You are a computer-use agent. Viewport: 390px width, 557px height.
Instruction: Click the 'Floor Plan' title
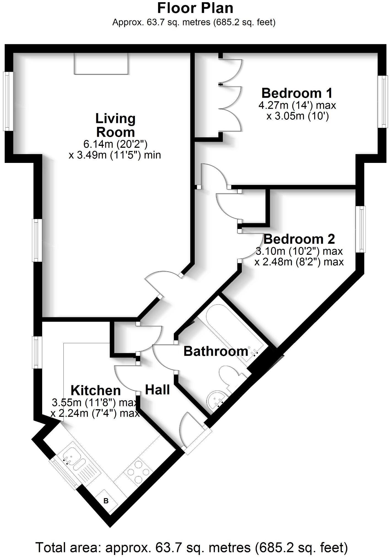point(195,8)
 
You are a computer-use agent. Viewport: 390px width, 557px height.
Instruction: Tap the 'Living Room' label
point(115,125)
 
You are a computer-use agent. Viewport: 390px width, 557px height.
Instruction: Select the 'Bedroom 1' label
point(297,93)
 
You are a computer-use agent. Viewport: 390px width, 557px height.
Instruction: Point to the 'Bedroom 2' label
point(299,239)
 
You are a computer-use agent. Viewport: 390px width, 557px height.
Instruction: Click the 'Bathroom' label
point(216,351)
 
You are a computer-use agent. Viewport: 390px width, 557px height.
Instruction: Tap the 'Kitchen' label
point(96,390)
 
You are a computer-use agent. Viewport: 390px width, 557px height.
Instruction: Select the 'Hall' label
point(157,390)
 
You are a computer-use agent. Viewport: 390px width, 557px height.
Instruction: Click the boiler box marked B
point(106,501)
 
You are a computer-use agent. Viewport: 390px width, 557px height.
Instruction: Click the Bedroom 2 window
point(361,229)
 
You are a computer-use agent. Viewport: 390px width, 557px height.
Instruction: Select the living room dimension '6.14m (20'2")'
point(115,144)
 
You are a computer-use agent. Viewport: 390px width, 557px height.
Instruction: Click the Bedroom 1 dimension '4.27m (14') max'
point(297,105)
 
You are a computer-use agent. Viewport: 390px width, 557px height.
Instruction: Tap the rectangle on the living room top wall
point(101,64)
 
